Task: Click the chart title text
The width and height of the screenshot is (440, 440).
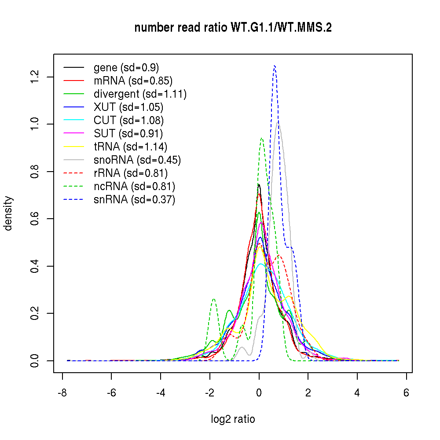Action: pyautogui.click(x=233, y=28)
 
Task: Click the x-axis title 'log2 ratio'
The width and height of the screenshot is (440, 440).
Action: pyautogui.click(x=233, y=419)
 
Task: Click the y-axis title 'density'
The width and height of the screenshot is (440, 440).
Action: pyautogui.click(x=8, y=213)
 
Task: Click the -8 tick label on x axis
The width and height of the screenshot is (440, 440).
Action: pyautogui.click(x=62, y=392)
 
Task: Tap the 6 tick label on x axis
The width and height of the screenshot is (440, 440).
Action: pyautogui.click(x=406, y=392)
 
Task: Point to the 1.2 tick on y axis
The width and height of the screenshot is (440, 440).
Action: pyautogui.click(x=36, y=77)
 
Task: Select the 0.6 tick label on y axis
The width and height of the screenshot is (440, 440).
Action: pyautogui.click(x=36, y=219)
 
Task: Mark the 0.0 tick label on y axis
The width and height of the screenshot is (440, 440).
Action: pyautogui.click(x=36, y=360)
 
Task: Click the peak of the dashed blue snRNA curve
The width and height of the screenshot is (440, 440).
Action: pyautogui.click(x=275, y=66)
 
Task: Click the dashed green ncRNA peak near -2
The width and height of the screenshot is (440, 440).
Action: pyautogui.click(x=214, y=299)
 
